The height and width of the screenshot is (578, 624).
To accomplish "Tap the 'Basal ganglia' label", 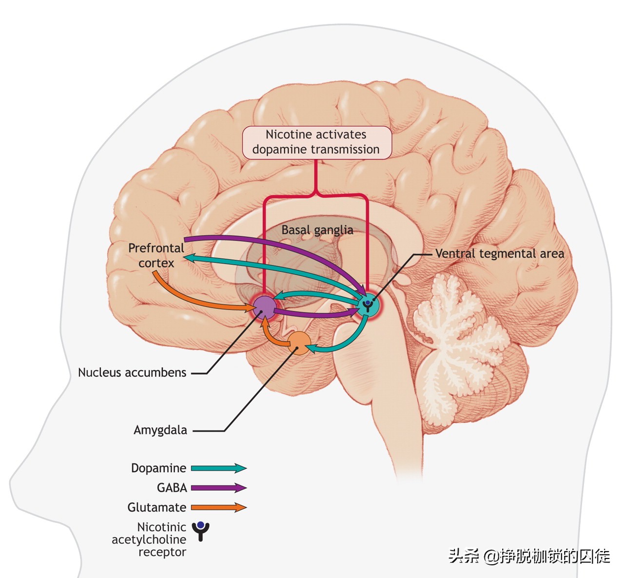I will tap(317, 230).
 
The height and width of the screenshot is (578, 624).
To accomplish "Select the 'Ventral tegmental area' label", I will tap(499, 253).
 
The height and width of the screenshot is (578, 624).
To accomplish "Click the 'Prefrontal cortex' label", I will tap(156, 255).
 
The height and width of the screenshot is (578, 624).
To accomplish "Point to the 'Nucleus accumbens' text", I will tap(132, 373).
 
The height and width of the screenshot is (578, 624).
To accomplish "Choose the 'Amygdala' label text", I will tap(160, 430).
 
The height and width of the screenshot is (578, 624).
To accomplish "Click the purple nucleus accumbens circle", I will tap(264, 307).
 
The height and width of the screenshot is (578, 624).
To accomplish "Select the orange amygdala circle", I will tap(298, 343).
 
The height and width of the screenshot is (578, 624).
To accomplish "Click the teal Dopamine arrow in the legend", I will tap(218, 468).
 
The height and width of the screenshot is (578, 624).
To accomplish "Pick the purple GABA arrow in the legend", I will tap(218, 488).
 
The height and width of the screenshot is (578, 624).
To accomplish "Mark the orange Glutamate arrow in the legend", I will tap(218, 507).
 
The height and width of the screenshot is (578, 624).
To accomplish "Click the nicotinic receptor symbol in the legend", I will tap(200, 531).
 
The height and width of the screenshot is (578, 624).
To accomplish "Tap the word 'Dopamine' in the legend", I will tap(158, 468).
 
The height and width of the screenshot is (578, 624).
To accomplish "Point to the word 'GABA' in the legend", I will tap(172, 488).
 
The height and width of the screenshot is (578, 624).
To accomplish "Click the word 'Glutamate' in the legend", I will tap(156, 507).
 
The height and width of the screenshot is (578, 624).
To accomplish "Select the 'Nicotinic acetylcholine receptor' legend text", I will tap(149, 539).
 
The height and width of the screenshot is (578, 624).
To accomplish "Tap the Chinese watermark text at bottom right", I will tap(529, 556).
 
